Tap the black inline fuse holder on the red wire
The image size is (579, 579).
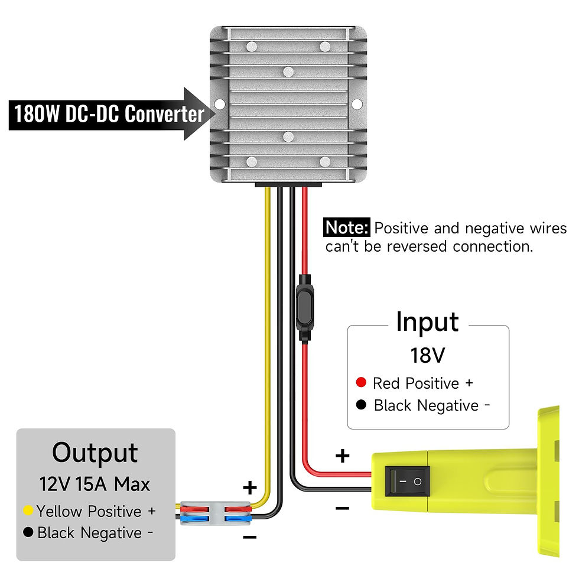304,308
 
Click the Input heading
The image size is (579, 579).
427,322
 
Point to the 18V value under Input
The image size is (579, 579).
427,355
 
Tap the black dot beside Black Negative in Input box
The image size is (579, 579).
362,405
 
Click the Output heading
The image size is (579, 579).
95,453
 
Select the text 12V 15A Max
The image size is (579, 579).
95,484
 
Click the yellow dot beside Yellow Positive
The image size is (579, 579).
27,510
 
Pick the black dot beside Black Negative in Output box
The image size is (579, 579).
27,532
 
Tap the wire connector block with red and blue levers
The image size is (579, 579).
213,512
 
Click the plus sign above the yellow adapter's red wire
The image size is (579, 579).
343,456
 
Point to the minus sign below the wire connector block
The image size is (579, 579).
249,537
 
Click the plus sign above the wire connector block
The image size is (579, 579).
251,488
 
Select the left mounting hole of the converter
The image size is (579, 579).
219,104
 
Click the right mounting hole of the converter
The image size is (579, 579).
357,104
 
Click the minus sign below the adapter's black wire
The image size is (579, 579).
343,508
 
